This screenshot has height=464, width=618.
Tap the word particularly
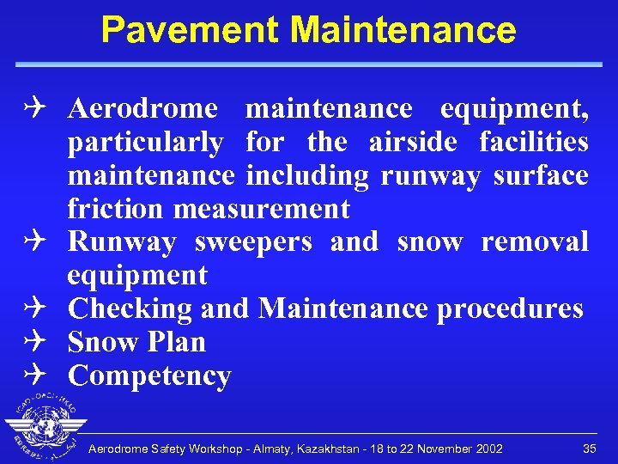click(145, 142)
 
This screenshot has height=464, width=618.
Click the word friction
click(116, 209)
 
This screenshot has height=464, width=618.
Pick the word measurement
click(262, 209)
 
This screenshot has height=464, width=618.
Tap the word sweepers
click(253, 242)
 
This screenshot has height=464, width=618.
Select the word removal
click(535, 242)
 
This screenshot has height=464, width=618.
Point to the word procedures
click(510, 308)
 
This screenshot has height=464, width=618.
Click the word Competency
click(149, 376)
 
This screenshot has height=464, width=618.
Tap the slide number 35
click(589, 449)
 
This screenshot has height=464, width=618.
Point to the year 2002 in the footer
click(485, 449)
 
